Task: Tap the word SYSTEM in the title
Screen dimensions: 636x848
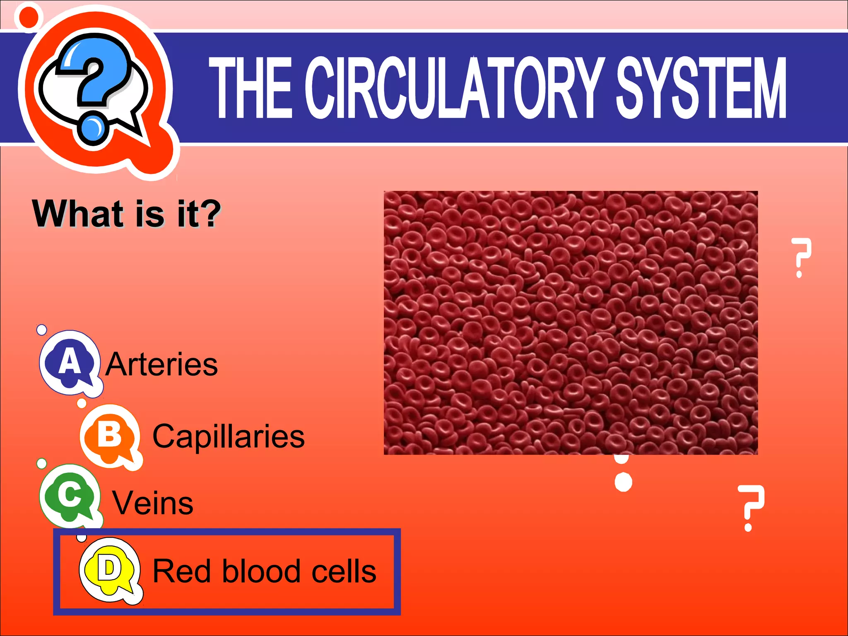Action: click(x=701, y=88)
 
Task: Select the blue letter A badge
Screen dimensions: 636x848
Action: click(x=70, y=362)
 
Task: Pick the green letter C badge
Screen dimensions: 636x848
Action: click(x=70, y=495)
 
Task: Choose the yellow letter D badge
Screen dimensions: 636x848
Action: click(x=109, y=569)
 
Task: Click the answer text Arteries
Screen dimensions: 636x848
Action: click(x=161, y=364)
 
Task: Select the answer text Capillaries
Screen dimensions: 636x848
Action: click(x=229, y=437)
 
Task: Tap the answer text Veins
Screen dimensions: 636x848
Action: click(x=153, y=503)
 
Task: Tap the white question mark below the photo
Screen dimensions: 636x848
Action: click(x=750, y=507)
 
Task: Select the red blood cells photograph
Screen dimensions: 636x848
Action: click(x=571, y=323)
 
